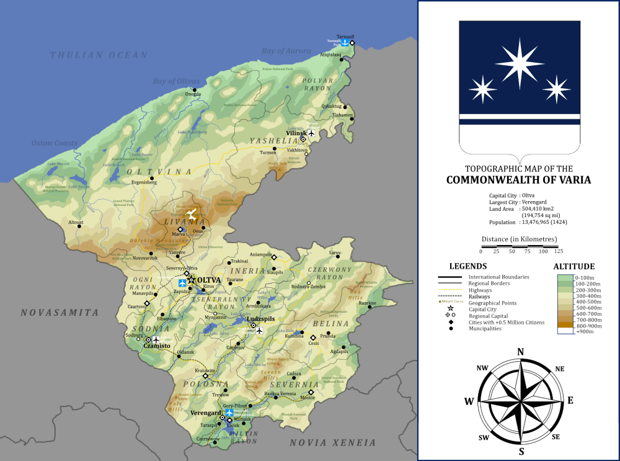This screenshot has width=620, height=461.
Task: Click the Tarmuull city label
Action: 345,37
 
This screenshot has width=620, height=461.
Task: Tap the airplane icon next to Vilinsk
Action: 311,133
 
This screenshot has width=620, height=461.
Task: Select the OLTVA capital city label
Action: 209,280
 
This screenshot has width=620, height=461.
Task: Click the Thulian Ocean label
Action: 99,55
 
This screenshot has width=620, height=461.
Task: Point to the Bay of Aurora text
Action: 285,51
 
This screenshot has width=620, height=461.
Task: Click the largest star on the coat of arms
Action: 519,63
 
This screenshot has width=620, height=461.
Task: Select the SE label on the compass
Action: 556,437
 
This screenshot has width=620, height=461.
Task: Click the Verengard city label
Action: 206,413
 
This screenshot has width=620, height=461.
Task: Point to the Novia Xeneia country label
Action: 332,442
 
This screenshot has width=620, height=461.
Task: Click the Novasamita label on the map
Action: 60,312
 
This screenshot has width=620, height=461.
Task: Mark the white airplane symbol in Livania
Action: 193,215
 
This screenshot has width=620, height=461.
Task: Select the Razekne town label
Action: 367,303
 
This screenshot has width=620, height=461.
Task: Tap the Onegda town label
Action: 193,94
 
